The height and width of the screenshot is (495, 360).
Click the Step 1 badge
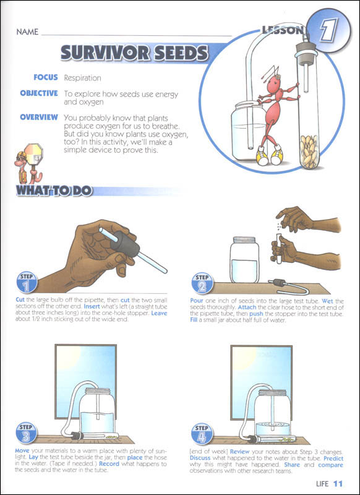pos(27,282)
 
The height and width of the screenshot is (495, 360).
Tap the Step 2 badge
pos(202,283)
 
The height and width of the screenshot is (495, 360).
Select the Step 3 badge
pos(27,433)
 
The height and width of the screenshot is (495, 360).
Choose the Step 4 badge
pos(202,434)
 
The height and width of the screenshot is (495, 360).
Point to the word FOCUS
pos(46,77)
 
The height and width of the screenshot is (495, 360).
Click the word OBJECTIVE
pos(39,93)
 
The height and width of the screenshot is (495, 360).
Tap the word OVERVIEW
pos(39,118)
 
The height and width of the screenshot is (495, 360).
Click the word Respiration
pos(83,78)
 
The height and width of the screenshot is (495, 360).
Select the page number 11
pos(338,484)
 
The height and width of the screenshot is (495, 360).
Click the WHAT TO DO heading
pos(54,191)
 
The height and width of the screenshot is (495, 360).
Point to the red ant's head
pos(273,83)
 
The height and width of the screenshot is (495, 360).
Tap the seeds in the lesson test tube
pos(309,151)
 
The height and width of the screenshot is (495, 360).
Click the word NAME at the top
pos(27,32)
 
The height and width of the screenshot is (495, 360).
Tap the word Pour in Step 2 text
pos(197,301)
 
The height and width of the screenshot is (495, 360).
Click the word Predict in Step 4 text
pos(333,458)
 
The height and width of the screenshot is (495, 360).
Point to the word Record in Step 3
pos(109,464)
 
